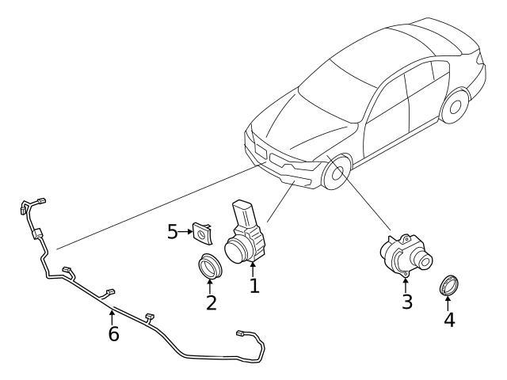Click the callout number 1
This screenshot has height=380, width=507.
coord(254,285)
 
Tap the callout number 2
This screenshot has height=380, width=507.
coord(211,302)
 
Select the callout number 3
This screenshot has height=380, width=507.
coord(406,302)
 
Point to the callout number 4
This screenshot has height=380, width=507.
coord(449,321)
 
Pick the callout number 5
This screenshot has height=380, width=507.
coord(173,232)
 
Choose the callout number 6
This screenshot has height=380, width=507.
coord(113,334)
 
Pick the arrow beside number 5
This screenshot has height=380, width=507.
coord(187,232)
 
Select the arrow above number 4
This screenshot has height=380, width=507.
coord(449,302)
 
